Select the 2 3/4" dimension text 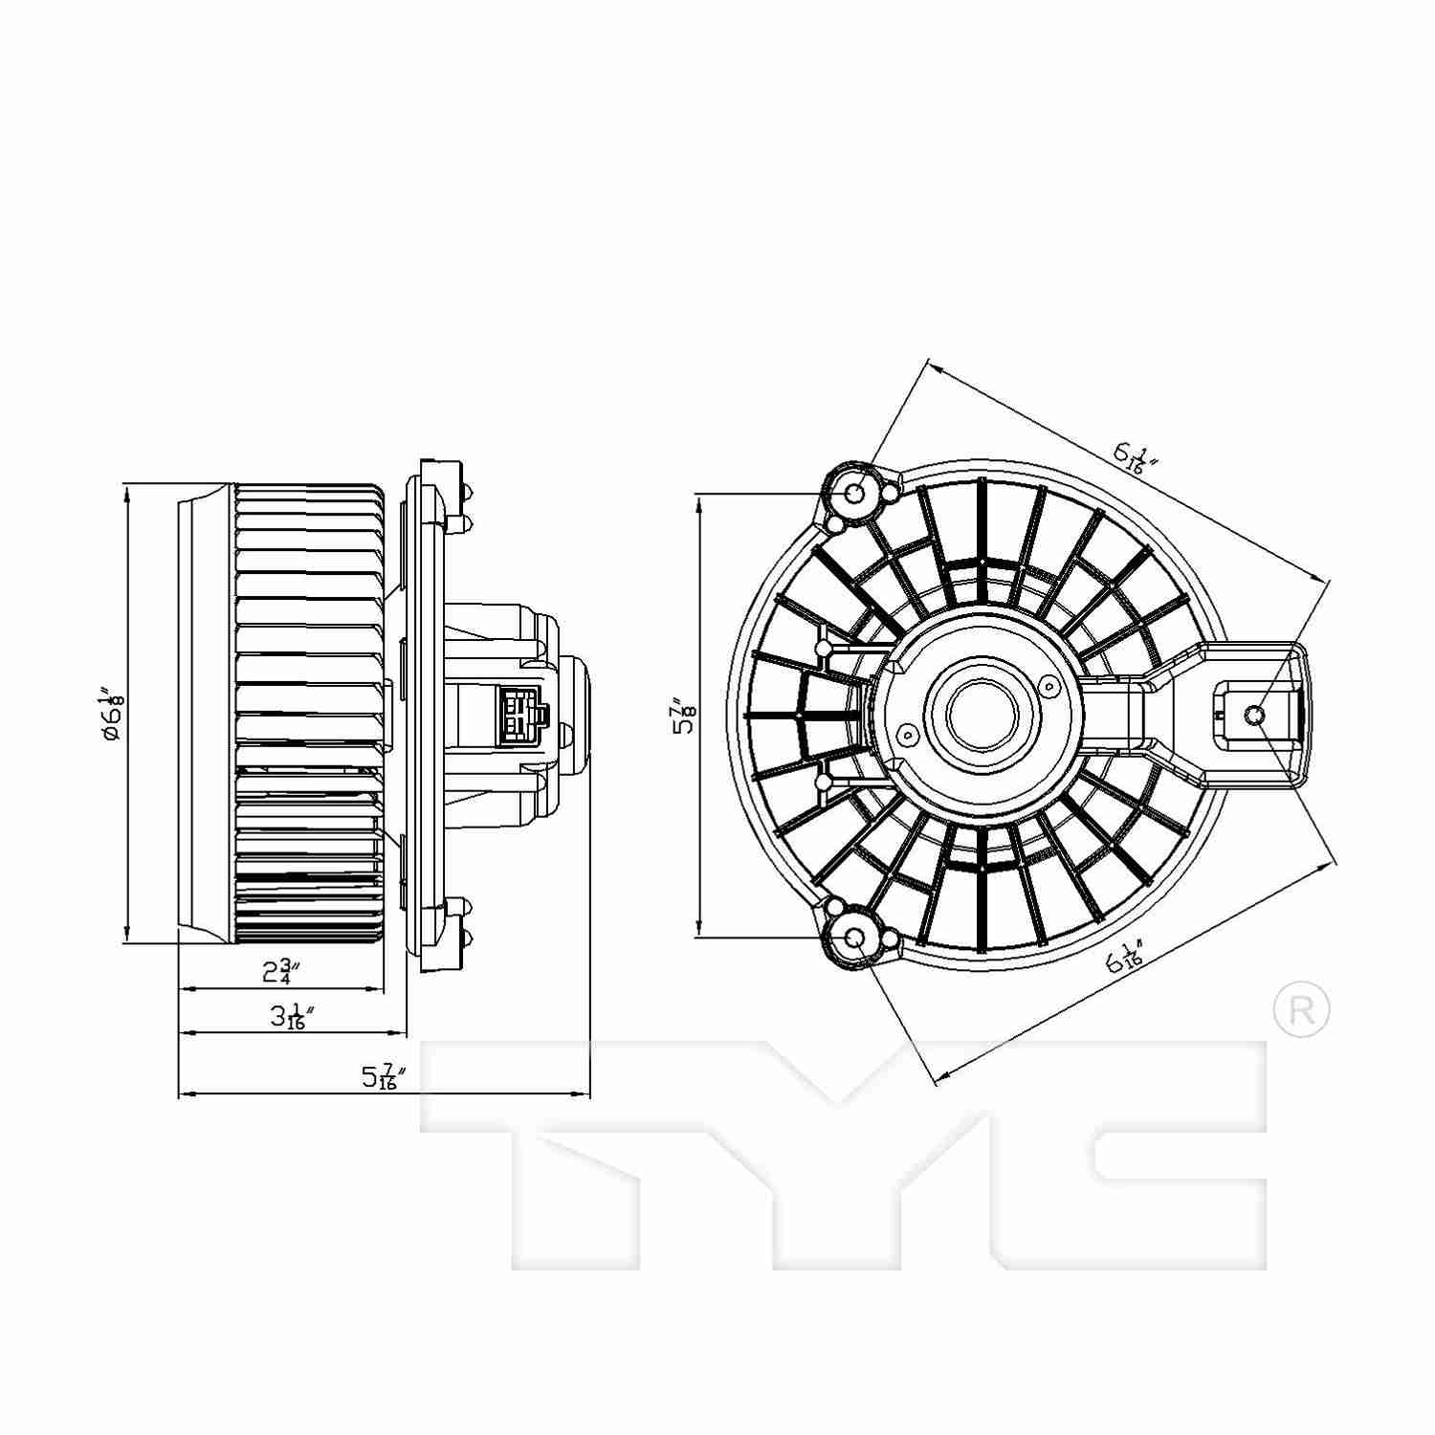281,973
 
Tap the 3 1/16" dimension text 286,1017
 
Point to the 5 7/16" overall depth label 384,1077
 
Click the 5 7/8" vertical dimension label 684,715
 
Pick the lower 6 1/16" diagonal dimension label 1124,958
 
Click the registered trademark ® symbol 1302,1009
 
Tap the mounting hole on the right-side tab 1256,715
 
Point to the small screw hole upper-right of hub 1049,685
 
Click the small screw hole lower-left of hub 906,734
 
